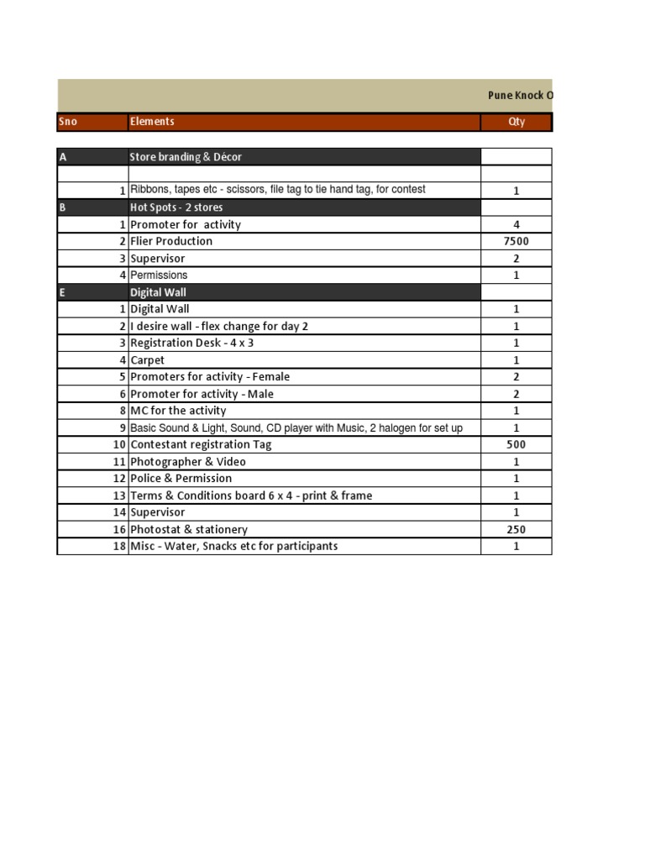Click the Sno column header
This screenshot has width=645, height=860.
pos(68,122)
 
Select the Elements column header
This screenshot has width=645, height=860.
pos(152,122)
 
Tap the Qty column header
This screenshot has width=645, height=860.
pos(517,122)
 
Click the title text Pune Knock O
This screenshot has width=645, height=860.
pos(521,96)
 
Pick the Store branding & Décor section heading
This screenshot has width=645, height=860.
pos(186,157)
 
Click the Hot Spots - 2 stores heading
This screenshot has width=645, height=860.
pos(176,207)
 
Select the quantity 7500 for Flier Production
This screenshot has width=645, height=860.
pos(517,241)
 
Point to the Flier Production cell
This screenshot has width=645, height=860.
pos(171,241)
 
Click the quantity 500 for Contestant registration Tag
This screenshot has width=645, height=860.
pos(517,444)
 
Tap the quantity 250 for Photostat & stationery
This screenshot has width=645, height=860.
pos(517,529)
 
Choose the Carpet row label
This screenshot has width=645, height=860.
pos(147,360)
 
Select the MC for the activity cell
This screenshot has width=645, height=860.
pos(178,411)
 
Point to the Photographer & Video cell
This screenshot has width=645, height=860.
pos(188,461)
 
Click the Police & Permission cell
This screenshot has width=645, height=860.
pos(181,478)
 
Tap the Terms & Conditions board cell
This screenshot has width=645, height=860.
pos(251,496)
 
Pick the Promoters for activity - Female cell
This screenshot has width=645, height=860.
pos(210,377)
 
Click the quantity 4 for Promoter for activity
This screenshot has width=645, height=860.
pos(517,224)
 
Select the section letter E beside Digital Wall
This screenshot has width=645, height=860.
pos(63,292)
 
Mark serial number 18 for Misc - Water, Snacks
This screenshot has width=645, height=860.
pos(119,546)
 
